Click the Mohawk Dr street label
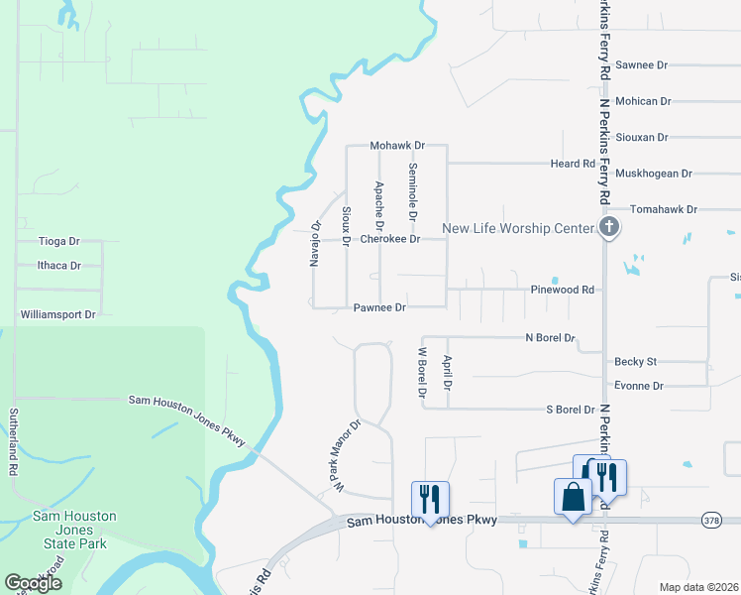pyautogui.click(x=397, y=146)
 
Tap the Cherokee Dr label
pyautogui.click(x=389, y=239)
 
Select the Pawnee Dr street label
pyautogui.click(x=379, y=307)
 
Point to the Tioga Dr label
pyautogui.click(x=58, y=241)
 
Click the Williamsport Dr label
pyautogui.click(x=58, y=314)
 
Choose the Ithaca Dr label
pyautogui.click(x=58, y=266)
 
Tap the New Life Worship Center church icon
pyautogui.click(x=609, y=228)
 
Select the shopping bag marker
pyautogui.click(x=575, y=497)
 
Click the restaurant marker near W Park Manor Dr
pyautogui.click(x=430, y=498)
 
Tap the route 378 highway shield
pyautogui.click(x=710, y=520)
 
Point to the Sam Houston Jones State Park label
pyautogui.click(x=74, y=530)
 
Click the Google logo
pyautogui.click(x=33, y=583)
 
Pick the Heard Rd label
pyautogui.click(x=573, y=164)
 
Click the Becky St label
pyautogui.click(x=636, y=362)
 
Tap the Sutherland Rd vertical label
pyautogui.click(x=15, y=441)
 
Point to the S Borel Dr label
pyautogui.click(x=571, y=409)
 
